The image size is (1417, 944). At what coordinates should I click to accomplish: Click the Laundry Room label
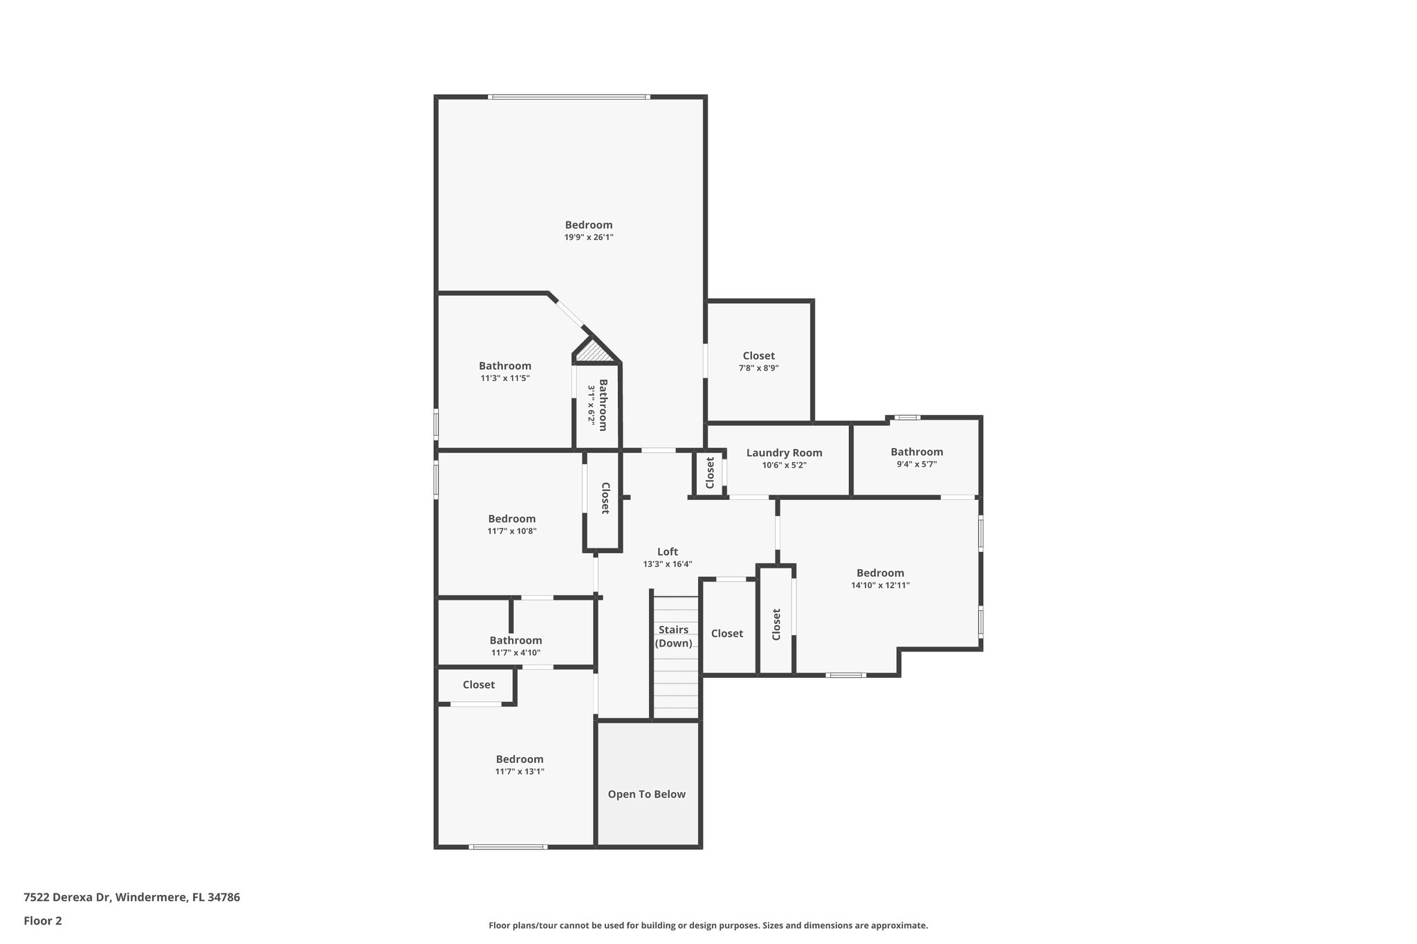pos(784,453)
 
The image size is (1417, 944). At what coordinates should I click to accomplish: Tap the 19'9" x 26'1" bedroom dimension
pos(589,237)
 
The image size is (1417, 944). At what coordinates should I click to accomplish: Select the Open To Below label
pos(646,794)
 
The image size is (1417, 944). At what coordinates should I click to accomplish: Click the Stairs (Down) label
pos(673,636)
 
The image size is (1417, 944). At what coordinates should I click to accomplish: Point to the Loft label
pos(667,551)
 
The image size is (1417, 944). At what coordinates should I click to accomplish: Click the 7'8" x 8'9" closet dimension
pos(758,368)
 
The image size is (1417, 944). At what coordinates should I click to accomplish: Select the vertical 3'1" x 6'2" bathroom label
pos(597,405)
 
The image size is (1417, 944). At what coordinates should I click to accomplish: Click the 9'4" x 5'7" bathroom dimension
pos(916,465)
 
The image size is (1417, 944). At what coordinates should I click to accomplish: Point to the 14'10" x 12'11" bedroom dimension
pos(880,585)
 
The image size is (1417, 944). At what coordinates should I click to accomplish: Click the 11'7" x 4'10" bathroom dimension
pos(515,653)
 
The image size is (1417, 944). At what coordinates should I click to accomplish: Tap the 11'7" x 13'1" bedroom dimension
pos(520,772)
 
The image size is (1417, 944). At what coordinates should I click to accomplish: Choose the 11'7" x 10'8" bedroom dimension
pos(511,531)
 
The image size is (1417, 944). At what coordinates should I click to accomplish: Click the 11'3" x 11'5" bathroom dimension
pos(505,378)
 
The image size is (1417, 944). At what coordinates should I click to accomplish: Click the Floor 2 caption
pos(43,920)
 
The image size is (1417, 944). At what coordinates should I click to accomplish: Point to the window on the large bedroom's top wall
pos(568,97)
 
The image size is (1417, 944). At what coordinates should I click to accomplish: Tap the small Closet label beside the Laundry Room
pos(710,473)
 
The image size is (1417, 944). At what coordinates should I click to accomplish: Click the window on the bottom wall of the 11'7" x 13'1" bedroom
pos(508,846)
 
